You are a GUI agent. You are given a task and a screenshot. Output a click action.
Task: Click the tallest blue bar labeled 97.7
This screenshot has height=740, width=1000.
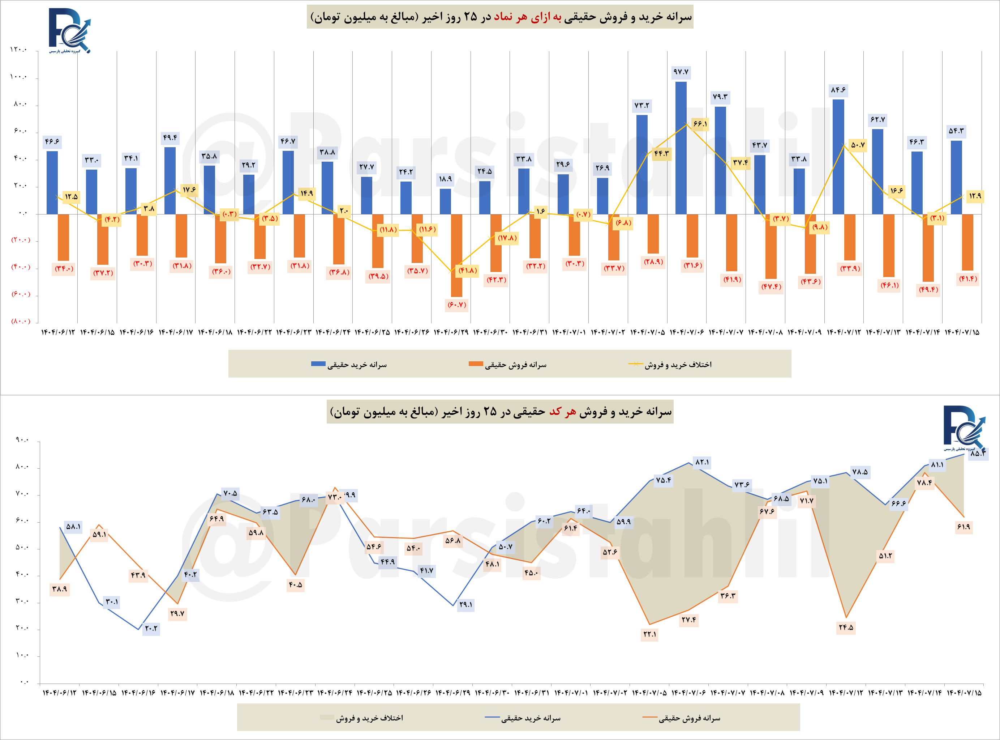click(681, 148)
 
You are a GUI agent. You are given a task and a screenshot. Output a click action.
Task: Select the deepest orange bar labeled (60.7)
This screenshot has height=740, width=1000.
click(456, 255)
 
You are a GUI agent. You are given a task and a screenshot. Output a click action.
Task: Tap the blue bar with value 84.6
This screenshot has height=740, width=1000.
click(838, 157)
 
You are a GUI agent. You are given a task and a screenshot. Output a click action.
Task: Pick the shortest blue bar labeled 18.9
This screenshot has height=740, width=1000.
click(445, 201)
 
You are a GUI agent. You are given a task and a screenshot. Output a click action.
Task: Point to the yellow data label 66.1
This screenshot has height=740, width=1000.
click(700, 124)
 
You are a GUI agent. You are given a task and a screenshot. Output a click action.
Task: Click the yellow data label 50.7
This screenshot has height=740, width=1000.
click(858, 145)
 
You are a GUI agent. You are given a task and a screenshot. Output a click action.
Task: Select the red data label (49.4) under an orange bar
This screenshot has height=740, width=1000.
click(928, 290)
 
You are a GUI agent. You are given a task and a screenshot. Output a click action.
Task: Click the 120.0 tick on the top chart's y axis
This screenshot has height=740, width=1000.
click(19, 49)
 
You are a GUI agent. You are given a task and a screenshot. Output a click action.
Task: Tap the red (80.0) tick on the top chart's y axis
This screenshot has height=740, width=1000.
click(21, 321)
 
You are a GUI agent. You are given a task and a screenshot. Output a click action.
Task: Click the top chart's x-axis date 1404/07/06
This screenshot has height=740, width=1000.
click(687, 332)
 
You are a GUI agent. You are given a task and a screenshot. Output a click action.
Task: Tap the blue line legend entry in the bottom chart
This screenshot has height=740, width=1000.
click(523, 718)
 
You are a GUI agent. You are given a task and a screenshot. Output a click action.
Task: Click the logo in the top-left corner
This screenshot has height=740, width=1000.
click(70, 30)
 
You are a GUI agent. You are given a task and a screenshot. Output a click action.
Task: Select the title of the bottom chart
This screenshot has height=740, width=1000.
click(500, 412)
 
